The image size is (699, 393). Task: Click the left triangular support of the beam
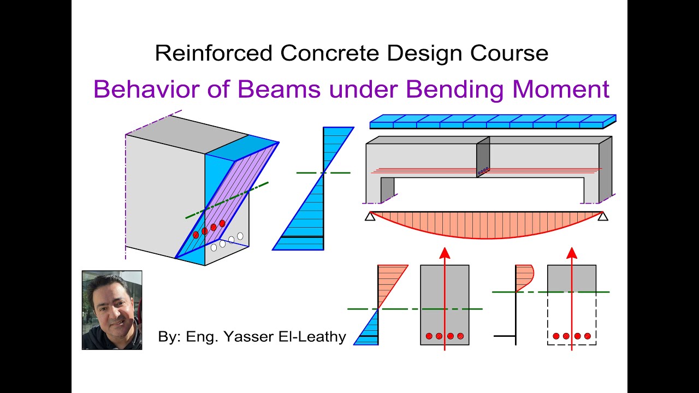370,217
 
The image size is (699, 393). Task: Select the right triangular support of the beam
603,217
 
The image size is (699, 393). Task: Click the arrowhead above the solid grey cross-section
445,253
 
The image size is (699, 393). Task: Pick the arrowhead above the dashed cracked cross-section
572,253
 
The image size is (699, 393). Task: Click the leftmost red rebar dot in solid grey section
429,336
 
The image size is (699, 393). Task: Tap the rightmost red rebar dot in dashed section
588,336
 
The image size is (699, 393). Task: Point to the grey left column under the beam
387,189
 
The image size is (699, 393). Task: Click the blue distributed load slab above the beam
491,121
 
